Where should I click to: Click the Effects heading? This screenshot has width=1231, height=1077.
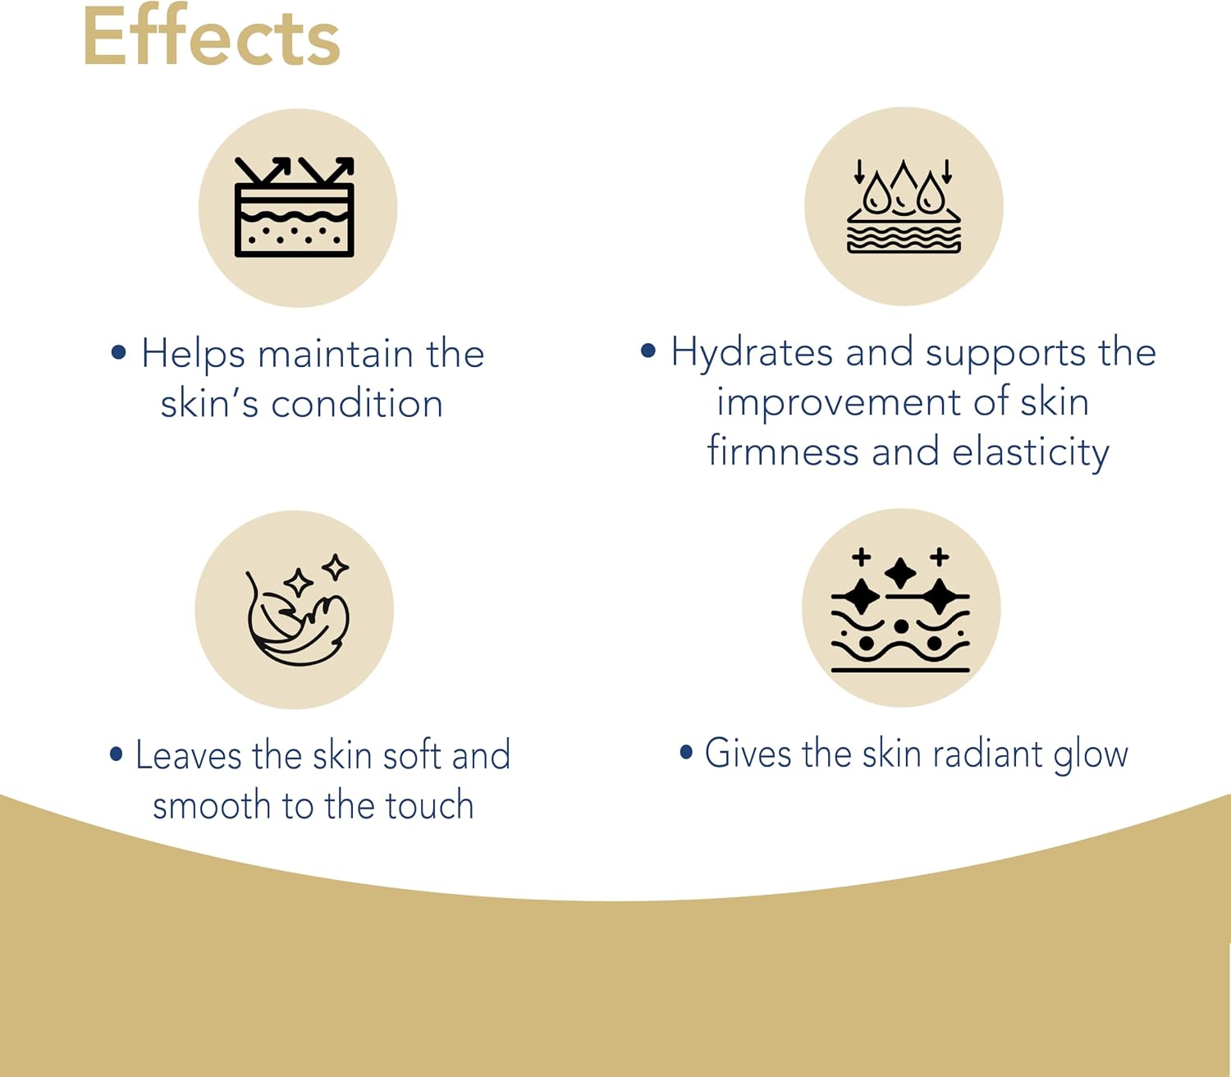click(211, 36)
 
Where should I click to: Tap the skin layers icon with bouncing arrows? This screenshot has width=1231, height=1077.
click(295, 207)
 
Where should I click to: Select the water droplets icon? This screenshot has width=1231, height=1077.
click(903, 206)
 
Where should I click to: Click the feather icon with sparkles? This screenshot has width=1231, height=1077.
click(297, 609)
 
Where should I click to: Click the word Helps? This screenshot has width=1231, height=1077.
click(193, 355)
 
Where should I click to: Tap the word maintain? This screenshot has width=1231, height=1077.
click(336, 355)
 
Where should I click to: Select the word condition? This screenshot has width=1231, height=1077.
click(357, 404)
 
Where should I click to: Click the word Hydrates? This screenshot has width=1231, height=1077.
click(752, 353)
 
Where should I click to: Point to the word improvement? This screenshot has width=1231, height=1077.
click(839, 402)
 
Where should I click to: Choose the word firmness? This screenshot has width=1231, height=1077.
click(783, 451)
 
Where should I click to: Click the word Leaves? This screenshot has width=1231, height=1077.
click(188, 755)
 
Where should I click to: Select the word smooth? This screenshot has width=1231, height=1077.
click(211, 805)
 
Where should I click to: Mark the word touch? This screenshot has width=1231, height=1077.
click(429, 805)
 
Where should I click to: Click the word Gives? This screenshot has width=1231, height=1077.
click(748, 754)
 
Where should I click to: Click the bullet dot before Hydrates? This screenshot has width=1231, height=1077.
click(648, 351)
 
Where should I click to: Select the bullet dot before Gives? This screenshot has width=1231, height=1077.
click(686, 751)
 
